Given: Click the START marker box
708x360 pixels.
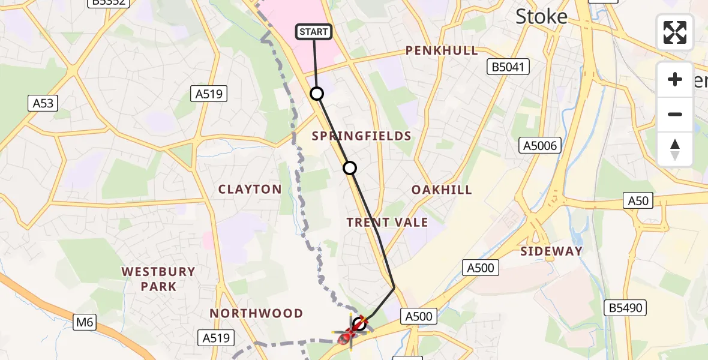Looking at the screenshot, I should [314, 32].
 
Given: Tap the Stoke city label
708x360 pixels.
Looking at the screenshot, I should [541, 17].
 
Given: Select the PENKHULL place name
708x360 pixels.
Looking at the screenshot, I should [442, 50].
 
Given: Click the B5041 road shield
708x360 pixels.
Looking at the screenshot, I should [510, 67].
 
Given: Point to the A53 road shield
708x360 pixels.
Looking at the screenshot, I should [43, 103].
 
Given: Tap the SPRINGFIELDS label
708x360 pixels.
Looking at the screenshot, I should [362, 136].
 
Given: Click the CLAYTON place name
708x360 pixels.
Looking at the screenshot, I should [250, 190].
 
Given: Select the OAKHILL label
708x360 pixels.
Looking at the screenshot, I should [442, 190].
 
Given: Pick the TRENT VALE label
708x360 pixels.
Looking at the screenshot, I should [388, 223].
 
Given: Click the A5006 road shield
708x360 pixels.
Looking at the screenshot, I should [540, 145].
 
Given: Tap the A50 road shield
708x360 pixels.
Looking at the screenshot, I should [638, 200].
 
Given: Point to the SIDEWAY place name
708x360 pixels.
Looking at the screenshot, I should [551, 251].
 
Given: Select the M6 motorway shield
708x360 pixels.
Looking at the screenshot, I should [85, 323].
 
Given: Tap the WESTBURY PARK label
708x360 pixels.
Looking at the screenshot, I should [158, 278].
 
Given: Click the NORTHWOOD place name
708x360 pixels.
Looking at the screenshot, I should [256, 313].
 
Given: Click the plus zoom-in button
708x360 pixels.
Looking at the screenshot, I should [675, 79].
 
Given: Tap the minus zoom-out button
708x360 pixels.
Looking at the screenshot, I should [675, 114].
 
